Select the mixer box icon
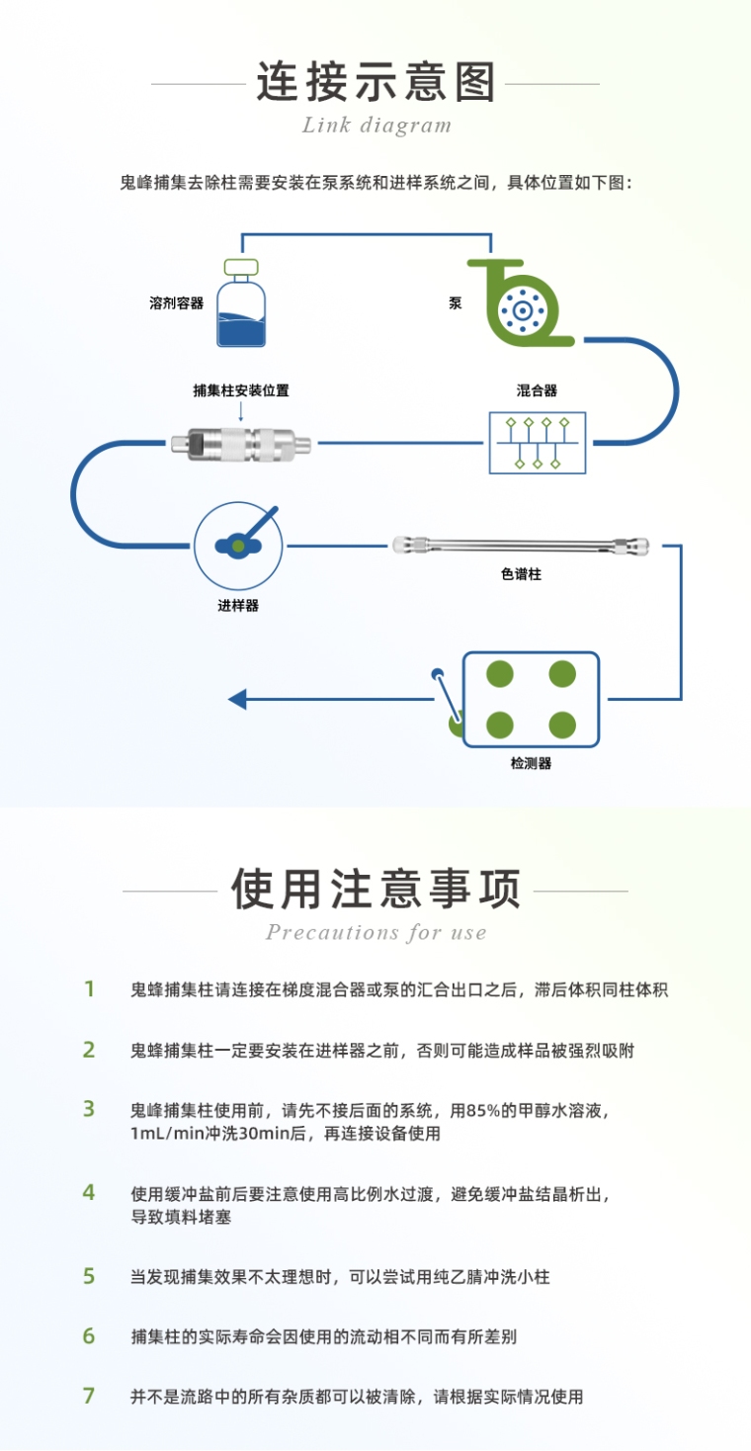pos(538,442)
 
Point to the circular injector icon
pos(238,545)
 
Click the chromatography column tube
pos(521,545)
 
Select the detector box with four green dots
pos(531,700)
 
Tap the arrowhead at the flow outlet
pos(237,700)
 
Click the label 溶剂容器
pos(176,303)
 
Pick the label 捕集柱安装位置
pos(241,390)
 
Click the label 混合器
pos(537,390)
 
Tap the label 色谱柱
pos(521,574)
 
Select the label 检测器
pos(531,763)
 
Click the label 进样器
pos(238,606)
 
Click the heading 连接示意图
pos(375,82)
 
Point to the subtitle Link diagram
pos(376,126)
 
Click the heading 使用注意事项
pos(375,890)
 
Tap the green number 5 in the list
pos(89,1276)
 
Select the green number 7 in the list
pos(89,1397)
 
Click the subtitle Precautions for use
pos(375,933)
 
